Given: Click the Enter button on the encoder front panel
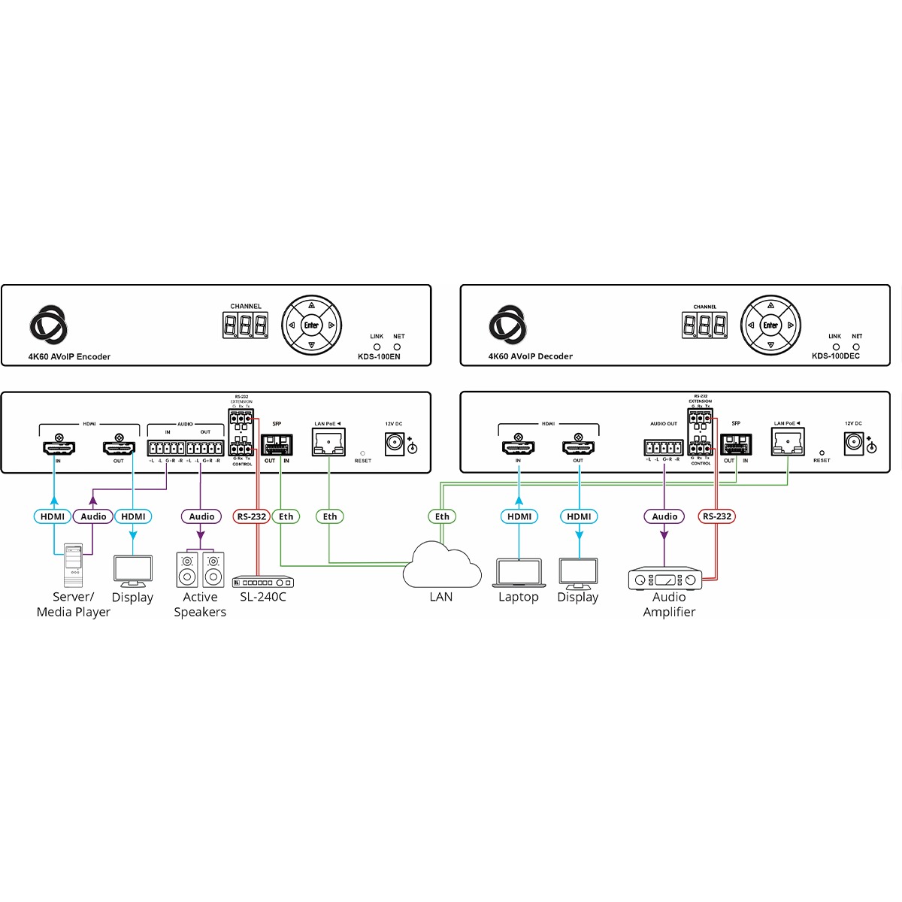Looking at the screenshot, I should pos(311,325).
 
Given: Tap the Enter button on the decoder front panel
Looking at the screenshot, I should pos(770,325).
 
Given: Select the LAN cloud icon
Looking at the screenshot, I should pos(442,568).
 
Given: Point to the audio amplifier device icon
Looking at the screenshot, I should pos(664,579).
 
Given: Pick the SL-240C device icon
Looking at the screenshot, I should pos(263,582).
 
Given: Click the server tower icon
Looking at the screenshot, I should pos(73,565).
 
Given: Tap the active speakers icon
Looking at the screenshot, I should pos(200,570).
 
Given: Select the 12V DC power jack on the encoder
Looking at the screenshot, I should pos(394,443).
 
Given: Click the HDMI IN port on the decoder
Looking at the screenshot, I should pos(518,446).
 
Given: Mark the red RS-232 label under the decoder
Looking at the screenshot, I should pos(717,516).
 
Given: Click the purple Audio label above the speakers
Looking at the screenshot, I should pos(201,516).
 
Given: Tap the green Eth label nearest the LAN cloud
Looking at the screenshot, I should pos(442,516).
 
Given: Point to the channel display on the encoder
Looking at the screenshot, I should pos(246,325).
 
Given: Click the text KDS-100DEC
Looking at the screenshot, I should pos(835,356).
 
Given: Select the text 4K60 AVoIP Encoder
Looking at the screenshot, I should pos(69,356).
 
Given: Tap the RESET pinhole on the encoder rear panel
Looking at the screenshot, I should pos(363,453).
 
